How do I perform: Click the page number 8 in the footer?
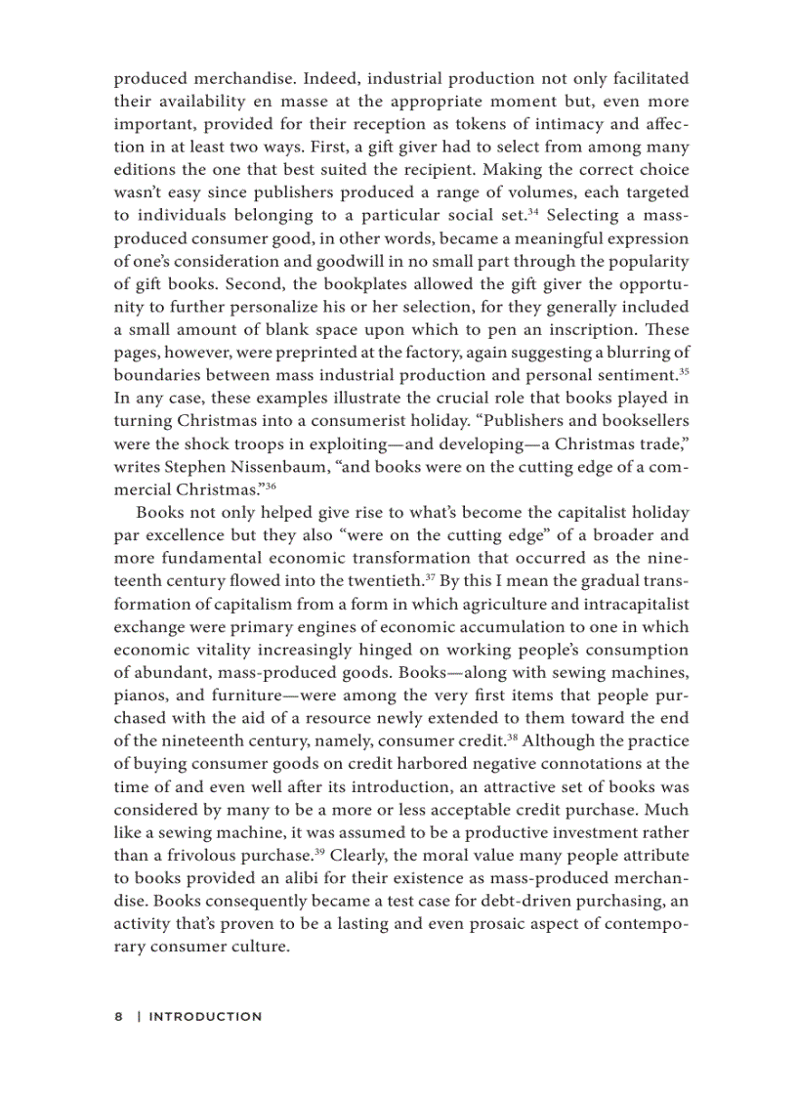pyautogui.click(x=118, y=1016)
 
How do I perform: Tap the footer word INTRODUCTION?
pyautogui.click(x=205, y=1016)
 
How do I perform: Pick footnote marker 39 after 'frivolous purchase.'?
pyautogui.click(x=320, y=857)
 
